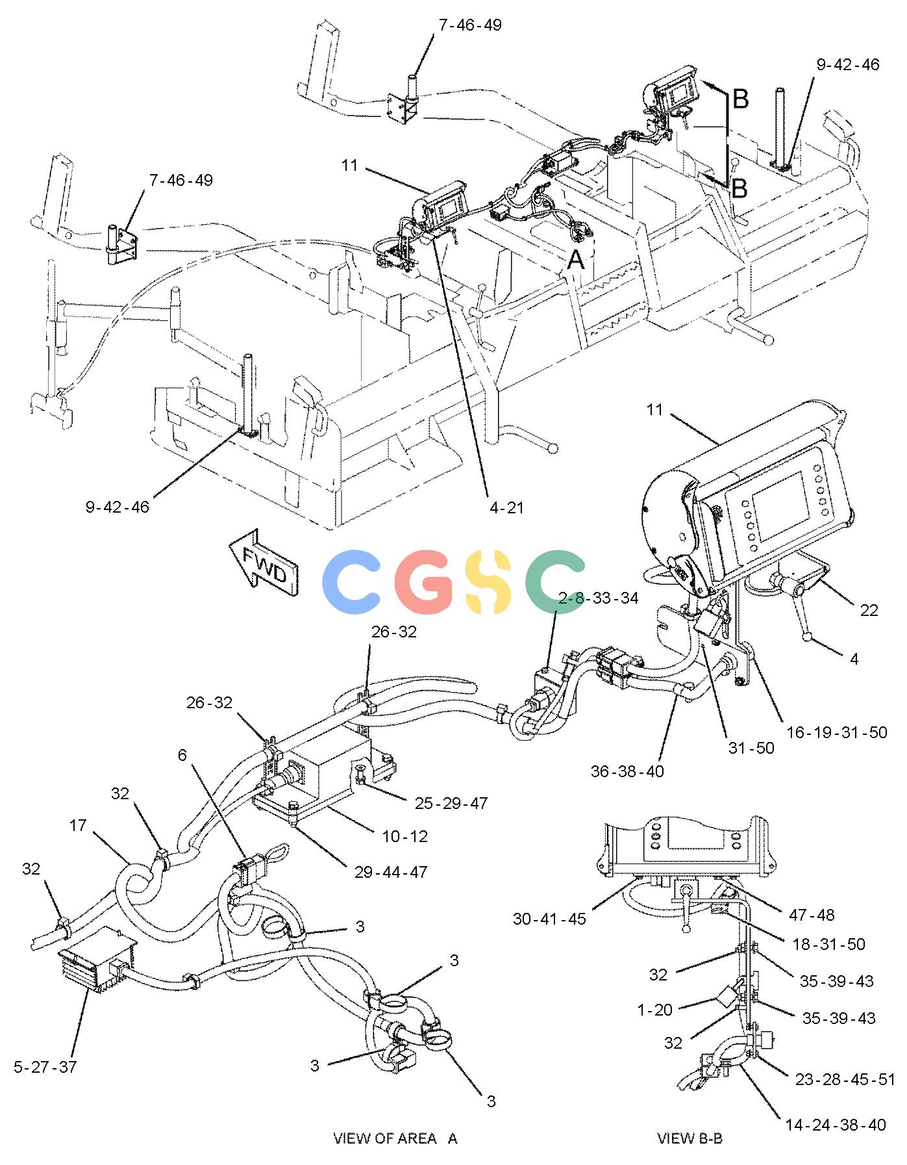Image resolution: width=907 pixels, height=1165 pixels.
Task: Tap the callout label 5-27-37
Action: tap(45, 1067)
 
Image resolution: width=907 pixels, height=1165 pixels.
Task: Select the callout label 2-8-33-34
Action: tap(599, 598)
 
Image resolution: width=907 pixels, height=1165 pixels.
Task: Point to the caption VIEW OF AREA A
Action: tap(395, 1138)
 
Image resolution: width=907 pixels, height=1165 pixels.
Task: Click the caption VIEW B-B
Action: tap(690, 1138)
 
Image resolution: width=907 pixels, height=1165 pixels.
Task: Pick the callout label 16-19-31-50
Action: tap(837, 732)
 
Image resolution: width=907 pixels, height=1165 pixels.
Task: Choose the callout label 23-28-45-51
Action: tap(845, 1079)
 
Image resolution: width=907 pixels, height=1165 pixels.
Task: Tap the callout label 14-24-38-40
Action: tap(835, 1125)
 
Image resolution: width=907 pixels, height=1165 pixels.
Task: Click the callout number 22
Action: tap(869, 610)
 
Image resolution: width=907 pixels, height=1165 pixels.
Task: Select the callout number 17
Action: tap(78, 825)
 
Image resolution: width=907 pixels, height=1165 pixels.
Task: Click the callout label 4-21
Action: tap(507, 507)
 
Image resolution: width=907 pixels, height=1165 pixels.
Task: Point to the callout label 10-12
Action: tap(406, 836)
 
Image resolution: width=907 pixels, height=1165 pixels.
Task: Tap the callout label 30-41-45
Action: tap(549, 919)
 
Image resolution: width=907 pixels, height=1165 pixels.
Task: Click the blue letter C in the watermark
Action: tap(355, 582)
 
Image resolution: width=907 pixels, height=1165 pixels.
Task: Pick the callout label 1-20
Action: tap(655, 1010)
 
